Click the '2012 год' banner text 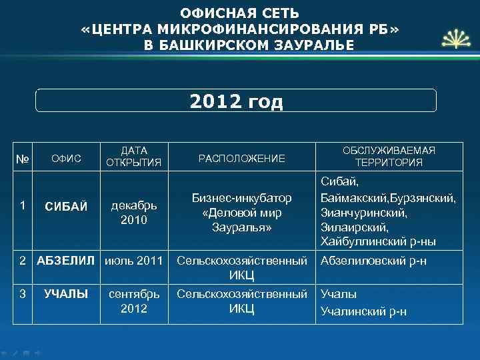click(236, 101)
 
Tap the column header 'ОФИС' click(66, 158)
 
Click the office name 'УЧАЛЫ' click(66, 293)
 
